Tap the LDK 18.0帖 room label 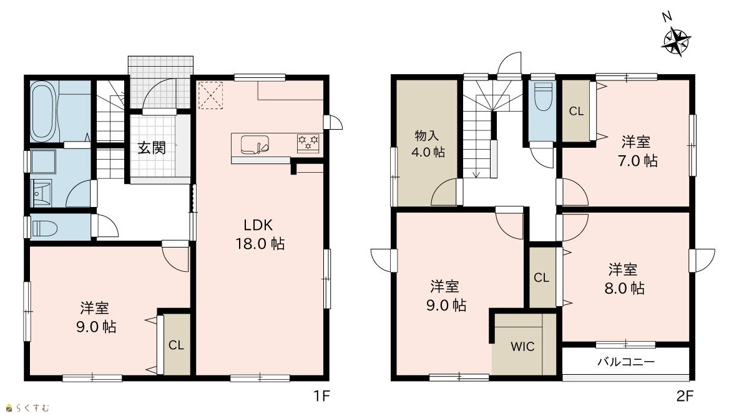[260, 234]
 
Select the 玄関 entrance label [152, 148]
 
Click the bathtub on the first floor [43, 112]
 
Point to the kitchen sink [254, 144]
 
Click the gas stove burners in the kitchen [308, 143]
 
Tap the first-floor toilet [45, 228]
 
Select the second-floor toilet [542, 97]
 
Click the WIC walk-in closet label [522, 347]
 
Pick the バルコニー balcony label [626, 362]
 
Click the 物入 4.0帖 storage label [428, 143]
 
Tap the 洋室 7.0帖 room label [637, 151]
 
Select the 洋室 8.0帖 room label [624, 279]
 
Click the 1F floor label [321, 397]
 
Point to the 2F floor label [684, 397]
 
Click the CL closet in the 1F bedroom [176, 345]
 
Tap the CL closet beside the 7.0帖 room [576, 112]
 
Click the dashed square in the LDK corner [210, 95]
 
